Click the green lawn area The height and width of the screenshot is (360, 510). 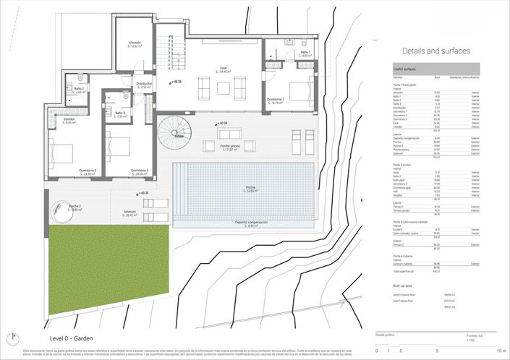point(109,267)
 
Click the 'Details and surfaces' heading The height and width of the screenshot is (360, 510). point(436,51)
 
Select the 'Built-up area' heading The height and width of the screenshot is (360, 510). point(404,286)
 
